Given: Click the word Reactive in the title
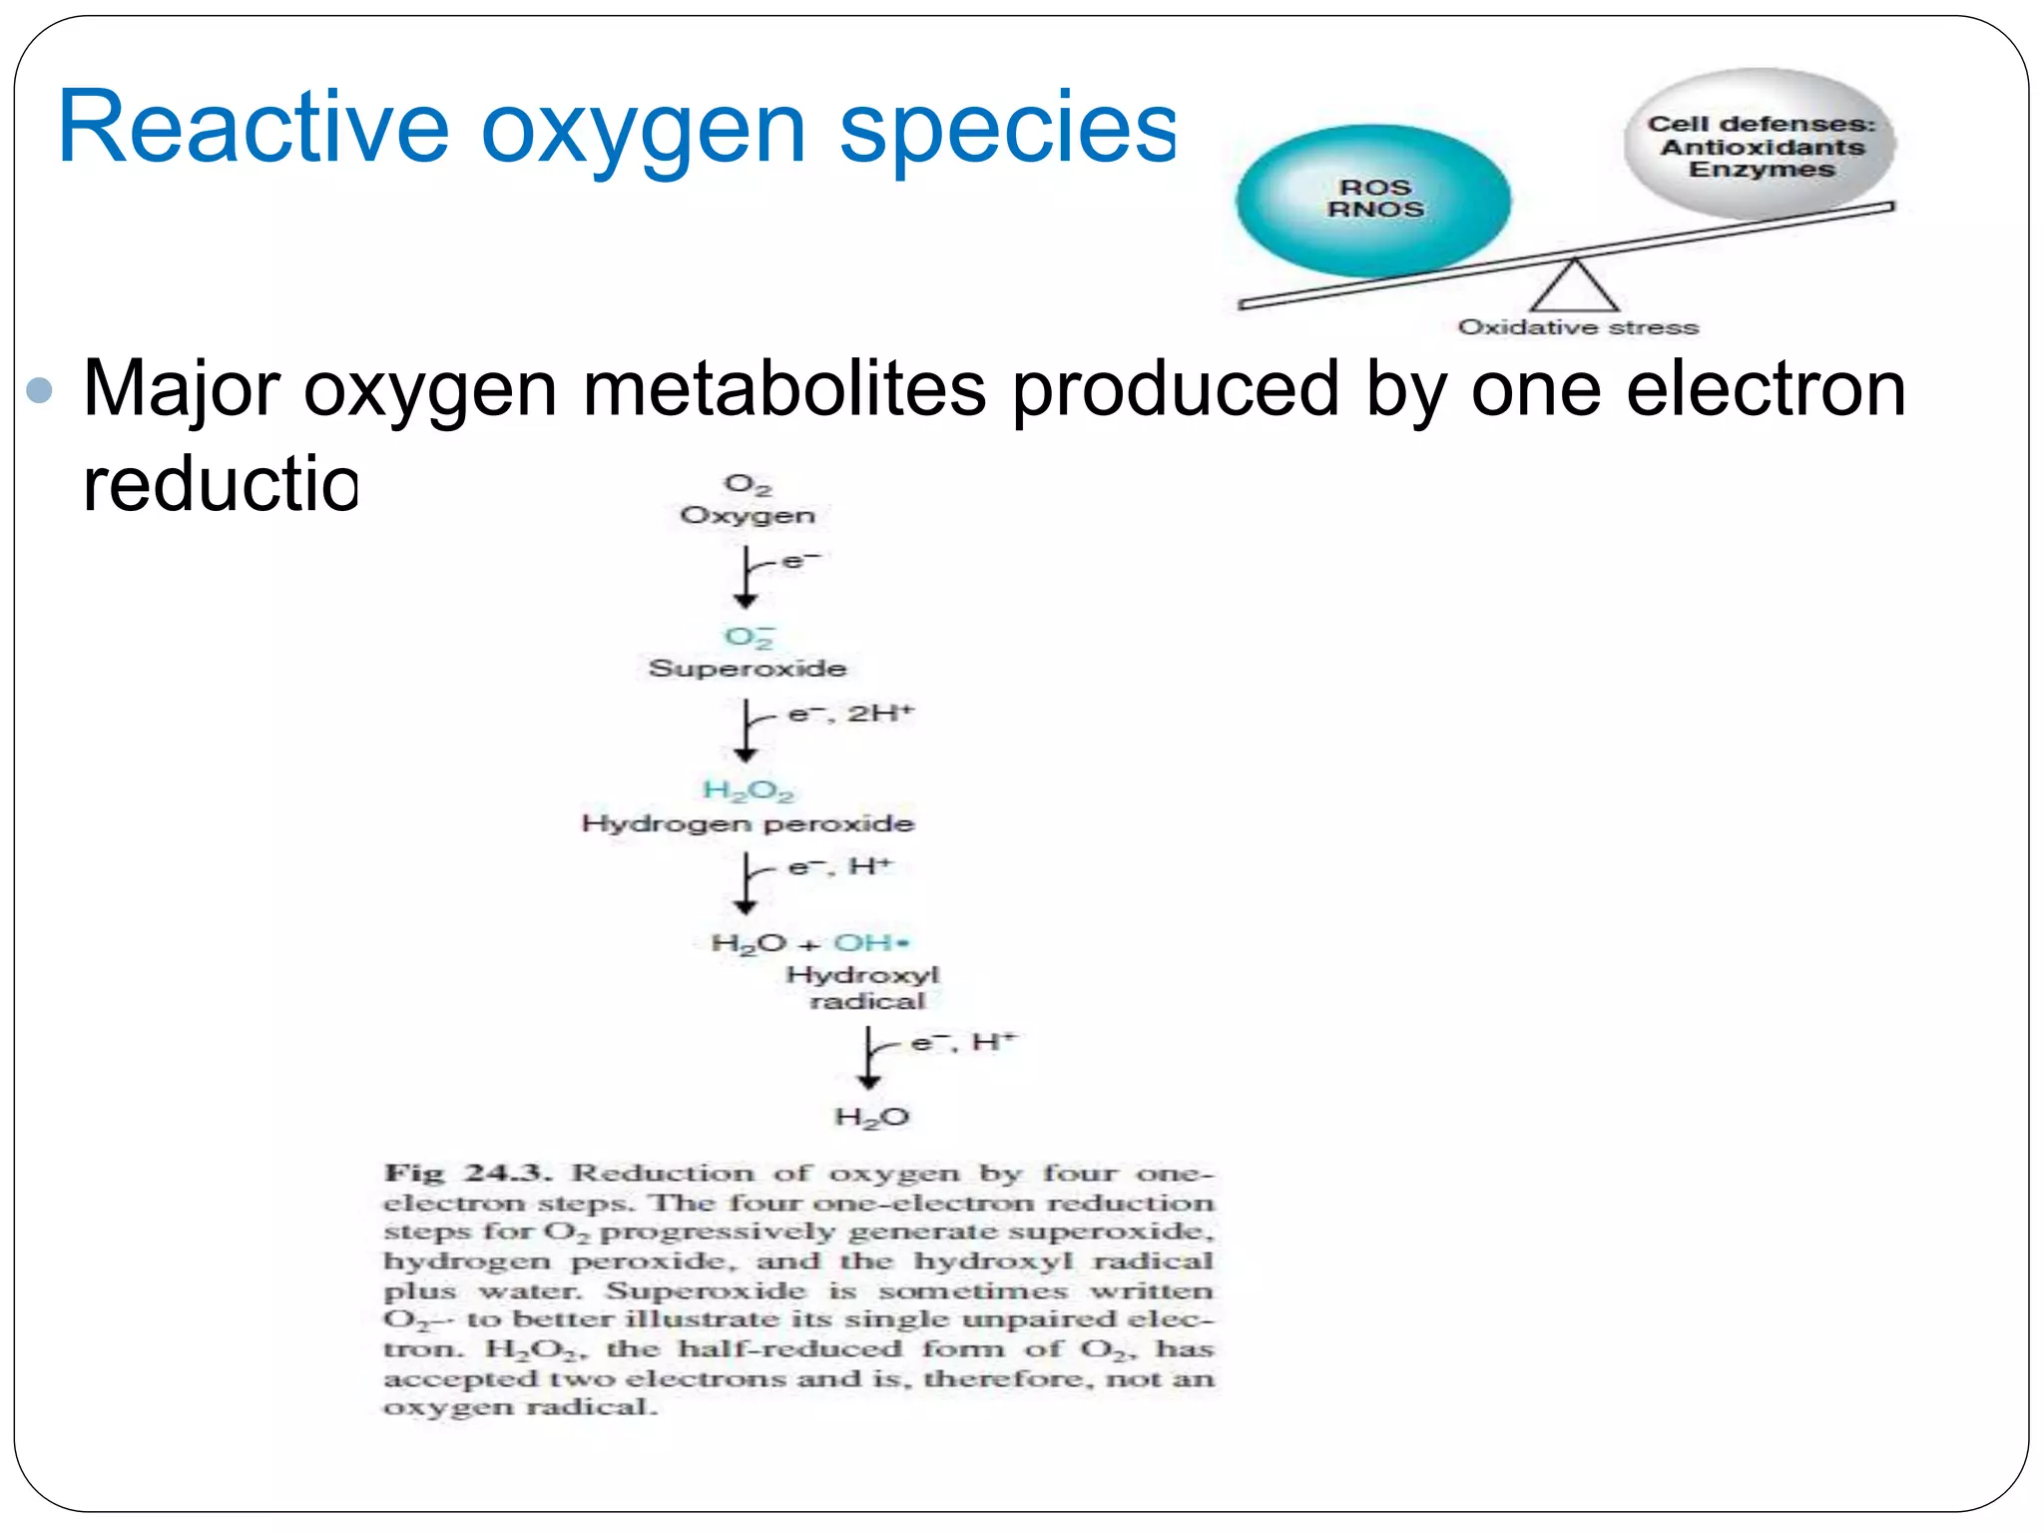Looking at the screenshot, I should click(x=254, y=128).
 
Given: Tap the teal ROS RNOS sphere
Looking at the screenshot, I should click(x=1373, y=201).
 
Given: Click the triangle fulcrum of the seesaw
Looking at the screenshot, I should click(x=1574, y=287).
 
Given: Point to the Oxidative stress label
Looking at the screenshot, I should click(x=1578, y=327).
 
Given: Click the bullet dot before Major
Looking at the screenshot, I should click(x=40, y=389).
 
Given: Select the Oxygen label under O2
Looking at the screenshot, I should click(x=748, y=516).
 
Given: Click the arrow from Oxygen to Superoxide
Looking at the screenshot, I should click(x=746, y=577).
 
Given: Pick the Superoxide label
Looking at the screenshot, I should click(x=748, y=669).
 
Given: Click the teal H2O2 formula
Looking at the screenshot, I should click(x=748, y=790).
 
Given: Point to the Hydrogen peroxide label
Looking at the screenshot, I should click(x=748, y=824).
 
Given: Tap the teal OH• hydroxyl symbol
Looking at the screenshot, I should click(x=871, y=943).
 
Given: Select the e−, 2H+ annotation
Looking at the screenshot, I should click(x=850, y=714).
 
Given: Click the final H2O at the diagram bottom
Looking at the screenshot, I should click(x=871, y=1117).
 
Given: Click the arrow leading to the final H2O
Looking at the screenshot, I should click(x=869, y=1058).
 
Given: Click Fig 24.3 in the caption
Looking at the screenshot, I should click(x=467, y=1174).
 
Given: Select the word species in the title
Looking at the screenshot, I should click(x=1008, y=128).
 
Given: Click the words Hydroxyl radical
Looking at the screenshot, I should click(x=864, y=988).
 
